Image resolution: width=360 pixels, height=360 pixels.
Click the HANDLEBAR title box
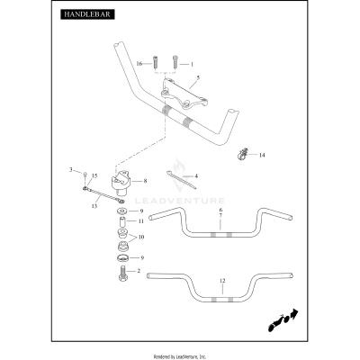pos(87,14)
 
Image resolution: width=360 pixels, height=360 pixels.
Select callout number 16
pos(139,64)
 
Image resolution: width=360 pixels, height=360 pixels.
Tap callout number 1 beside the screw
pos(192,64)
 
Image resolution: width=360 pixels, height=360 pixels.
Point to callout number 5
pos(198,77)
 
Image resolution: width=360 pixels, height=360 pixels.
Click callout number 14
pos(262,155)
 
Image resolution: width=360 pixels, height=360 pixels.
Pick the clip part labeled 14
pos(241,154)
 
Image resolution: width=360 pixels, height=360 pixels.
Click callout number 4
pos(196,175)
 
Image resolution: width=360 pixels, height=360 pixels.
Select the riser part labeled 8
pos(121,181)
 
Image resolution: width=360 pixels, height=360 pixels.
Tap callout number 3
pos(71,170)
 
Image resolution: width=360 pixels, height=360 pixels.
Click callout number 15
pos(94,175)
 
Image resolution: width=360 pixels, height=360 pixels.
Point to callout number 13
pos(94,206)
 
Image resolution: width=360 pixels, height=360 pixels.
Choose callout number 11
pos(141,221)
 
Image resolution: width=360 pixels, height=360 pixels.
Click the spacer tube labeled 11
pos(122,222)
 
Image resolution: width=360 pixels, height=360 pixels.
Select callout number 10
pos(141,237)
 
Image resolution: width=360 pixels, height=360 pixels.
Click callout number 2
pos(139,271)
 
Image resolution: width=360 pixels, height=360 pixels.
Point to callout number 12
pos(222,281)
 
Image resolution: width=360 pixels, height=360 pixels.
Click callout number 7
pos(220,215)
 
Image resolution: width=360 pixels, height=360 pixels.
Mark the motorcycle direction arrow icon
pos(283,319)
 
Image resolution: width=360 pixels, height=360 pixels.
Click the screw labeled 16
pos(155,62)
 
